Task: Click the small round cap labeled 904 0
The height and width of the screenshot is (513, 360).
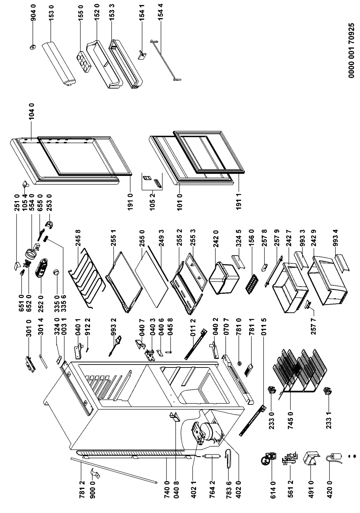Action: (32, 48)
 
